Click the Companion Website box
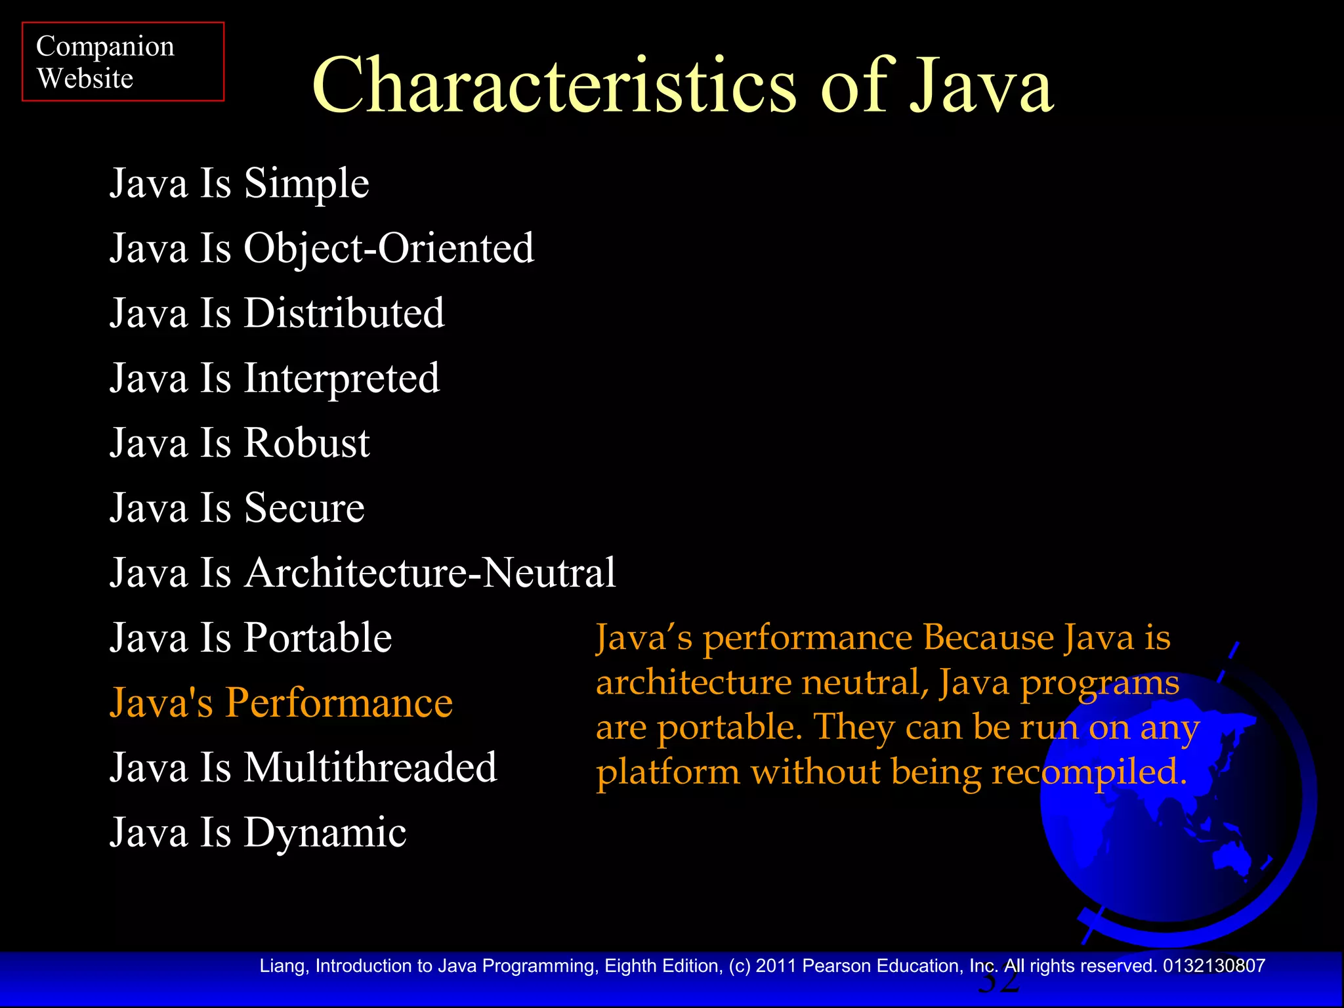point(123,62)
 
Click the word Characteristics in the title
point(554,87)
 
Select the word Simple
point(306,184)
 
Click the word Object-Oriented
point(389,249)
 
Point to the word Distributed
point(345,313)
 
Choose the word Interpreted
point(342,379)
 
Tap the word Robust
point(307,443)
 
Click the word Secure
point(304,508)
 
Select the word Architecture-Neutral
point(430,573)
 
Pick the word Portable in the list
point(318,638)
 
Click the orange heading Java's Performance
point(281,703)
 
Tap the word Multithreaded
point(371,767)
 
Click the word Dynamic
point(325,833)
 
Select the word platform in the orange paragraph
point(668,772)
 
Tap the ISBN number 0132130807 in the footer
point(1214,966)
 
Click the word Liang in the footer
point(282,966)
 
